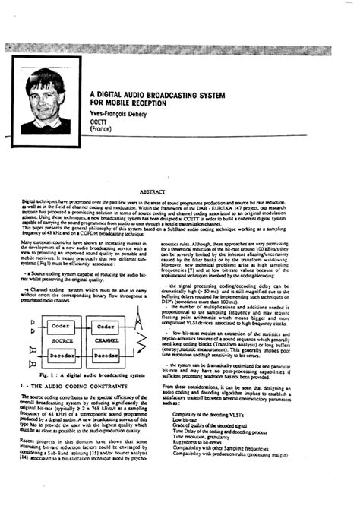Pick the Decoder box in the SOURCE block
click(x=61, y=354)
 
